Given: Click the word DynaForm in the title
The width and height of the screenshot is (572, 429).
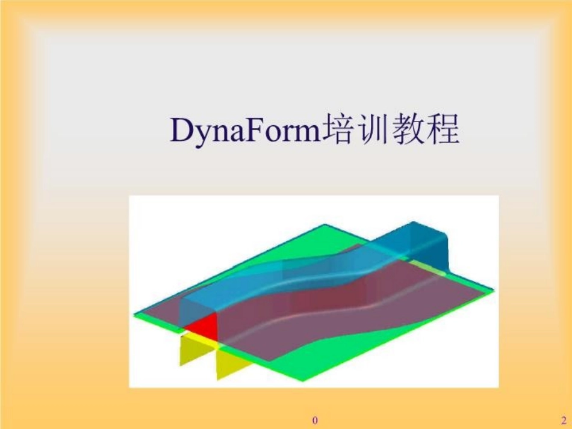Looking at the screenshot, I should point(246,131).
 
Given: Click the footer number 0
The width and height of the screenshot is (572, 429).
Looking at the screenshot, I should point(314,419).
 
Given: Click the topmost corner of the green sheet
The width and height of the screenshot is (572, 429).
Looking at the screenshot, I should point(325,226).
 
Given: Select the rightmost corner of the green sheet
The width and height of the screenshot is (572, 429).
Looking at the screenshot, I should point(492,291).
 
